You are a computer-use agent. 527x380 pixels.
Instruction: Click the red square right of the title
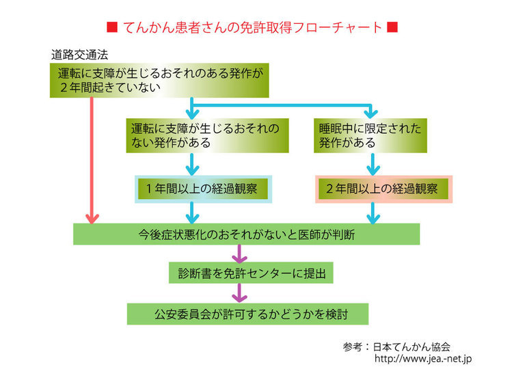(392, 28)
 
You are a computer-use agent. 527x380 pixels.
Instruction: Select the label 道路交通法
(80, 54)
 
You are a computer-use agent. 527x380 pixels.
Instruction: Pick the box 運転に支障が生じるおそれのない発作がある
(207, 135)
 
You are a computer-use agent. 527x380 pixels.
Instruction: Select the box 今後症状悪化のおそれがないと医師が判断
(246, 234)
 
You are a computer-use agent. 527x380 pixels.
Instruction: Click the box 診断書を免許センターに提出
(252, 273)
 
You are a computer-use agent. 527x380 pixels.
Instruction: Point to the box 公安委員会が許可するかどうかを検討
(247, 314)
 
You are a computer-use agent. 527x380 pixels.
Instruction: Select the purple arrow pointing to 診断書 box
(239, 254)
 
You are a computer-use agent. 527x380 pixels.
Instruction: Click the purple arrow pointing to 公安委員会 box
(239, 294)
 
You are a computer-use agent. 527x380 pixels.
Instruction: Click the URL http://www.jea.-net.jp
(424, 358)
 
